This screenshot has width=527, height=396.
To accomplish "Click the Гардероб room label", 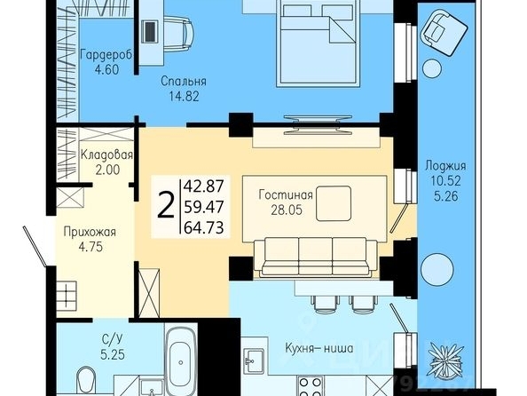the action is pos(106,55).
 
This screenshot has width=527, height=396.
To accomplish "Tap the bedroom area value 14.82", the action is pos(184,97).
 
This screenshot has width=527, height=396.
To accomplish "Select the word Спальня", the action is pos(184,82).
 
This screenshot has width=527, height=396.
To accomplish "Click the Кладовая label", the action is pos(106,154).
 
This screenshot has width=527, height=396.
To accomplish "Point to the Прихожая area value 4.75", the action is pos(90,248).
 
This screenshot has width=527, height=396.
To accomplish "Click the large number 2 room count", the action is pos(166,205).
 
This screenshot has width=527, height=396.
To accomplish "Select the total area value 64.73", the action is pos(204,228).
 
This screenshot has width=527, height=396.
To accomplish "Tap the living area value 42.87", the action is pos(204,186).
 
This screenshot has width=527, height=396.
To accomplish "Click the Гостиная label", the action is pos(286,194).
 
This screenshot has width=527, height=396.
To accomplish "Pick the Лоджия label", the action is pos(445,166).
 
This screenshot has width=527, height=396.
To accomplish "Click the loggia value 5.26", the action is pos(446,196).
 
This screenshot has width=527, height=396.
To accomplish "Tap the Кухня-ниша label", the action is pos(319,348).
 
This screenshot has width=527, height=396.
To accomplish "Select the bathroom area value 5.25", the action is pos(113,354).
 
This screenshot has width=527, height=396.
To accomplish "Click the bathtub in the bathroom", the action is pos(181,359).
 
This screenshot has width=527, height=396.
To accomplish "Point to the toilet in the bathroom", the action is pos(86,381).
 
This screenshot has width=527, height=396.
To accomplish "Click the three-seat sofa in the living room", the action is pos(315,257).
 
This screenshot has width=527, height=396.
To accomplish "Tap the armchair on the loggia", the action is pos(444,32).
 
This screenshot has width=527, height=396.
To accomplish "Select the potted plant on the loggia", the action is pos(446,360).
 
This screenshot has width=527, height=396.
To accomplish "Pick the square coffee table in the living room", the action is pos(334,204).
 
